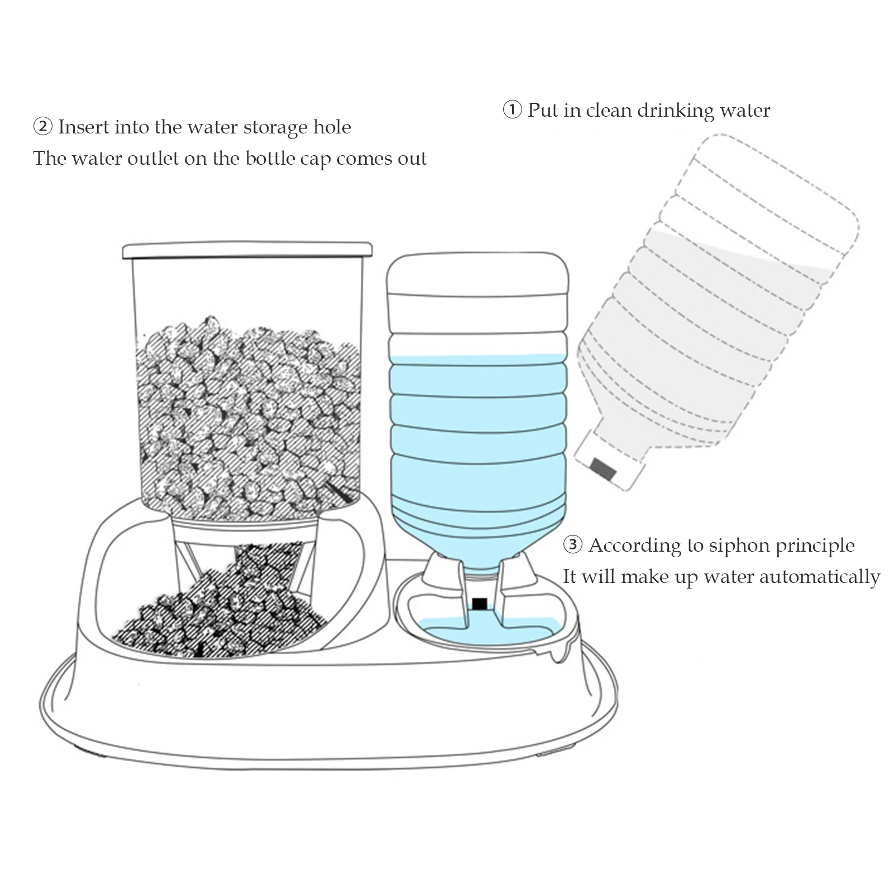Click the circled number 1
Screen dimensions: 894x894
pyautogui.click(x=512, y=109)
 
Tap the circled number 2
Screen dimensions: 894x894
pyautogui.click(x=42, y=127)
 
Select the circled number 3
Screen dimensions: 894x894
pyautogui.click(x=572, y=544)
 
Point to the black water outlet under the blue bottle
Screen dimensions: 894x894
pyautogui.click(x=479, y=603)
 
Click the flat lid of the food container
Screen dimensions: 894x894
pyautogui.click(x=247, y=250)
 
